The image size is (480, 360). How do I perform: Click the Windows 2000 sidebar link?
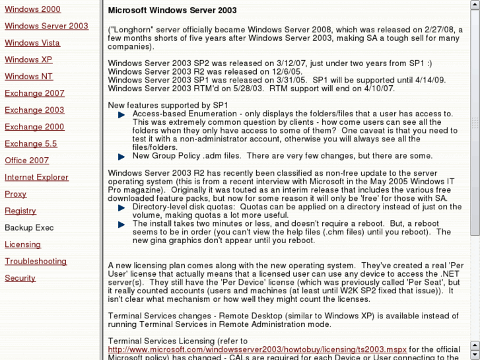(32, 9)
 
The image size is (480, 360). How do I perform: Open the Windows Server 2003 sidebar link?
(46, 26)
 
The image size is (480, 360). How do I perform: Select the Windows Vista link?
(32, 43)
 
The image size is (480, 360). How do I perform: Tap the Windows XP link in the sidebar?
(28, 59)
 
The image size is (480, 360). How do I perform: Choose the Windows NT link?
(28, 77)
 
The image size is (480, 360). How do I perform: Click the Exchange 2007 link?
(34, 93)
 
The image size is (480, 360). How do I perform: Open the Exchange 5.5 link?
(31, 143)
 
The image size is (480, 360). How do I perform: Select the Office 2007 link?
(27, 161)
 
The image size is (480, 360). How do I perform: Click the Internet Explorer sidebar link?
(36, 177)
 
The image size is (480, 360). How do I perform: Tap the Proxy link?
(16, 194)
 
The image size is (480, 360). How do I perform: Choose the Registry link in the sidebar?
(20, 211)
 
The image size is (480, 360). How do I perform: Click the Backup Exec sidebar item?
(29, 228)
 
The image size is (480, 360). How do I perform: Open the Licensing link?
(23, 244)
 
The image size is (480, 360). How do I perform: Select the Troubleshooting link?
(36, 262)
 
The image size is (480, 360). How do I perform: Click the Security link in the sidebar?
(20, 278)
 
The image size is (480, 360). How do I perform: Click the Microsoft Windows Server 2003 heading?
(172, 11)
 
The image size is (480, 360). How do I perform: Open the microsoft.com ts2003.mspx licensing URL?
(257, 349)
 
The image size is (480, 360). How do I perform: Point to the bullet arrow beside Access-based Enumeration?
(121, 115)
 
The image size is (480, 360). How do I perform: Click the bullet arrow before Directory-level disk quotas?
(121, 207)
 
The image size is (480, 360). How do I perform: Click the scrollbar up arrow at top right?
(475, 5)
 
